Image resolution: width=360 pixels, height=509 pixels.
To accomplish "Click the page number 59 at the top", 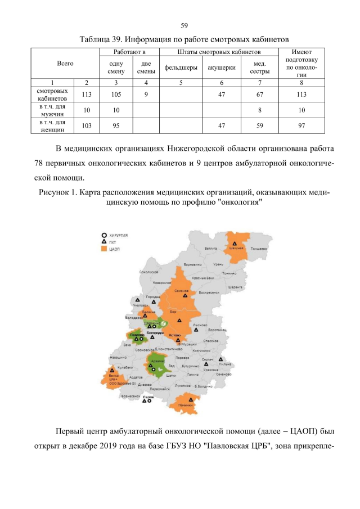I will click(x=184, y=25).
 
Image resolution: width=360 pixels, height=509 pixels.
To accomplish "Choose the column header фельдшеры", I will click(x=181, y=67).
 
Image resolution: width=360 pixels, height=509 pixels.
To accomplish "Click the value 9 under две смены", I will click(x=146, y=94).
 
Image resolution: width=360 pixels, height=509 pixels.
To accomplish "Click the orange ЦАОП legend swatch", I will click(x=104, y=248).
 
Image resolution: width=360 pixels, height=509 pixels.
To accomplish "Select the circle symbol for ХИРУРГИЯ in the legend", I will click(x=104, y=235).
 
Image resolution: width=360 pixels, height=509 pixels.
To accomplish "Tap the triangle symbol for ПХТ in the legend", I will click(x=104, y=241).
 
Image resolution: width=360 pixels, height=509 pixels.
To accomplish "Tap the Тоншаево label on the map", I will click(x=258, y=248).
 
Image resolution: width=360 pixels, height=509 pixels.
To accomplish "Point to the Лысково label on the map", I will click(x=200, y=325).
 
